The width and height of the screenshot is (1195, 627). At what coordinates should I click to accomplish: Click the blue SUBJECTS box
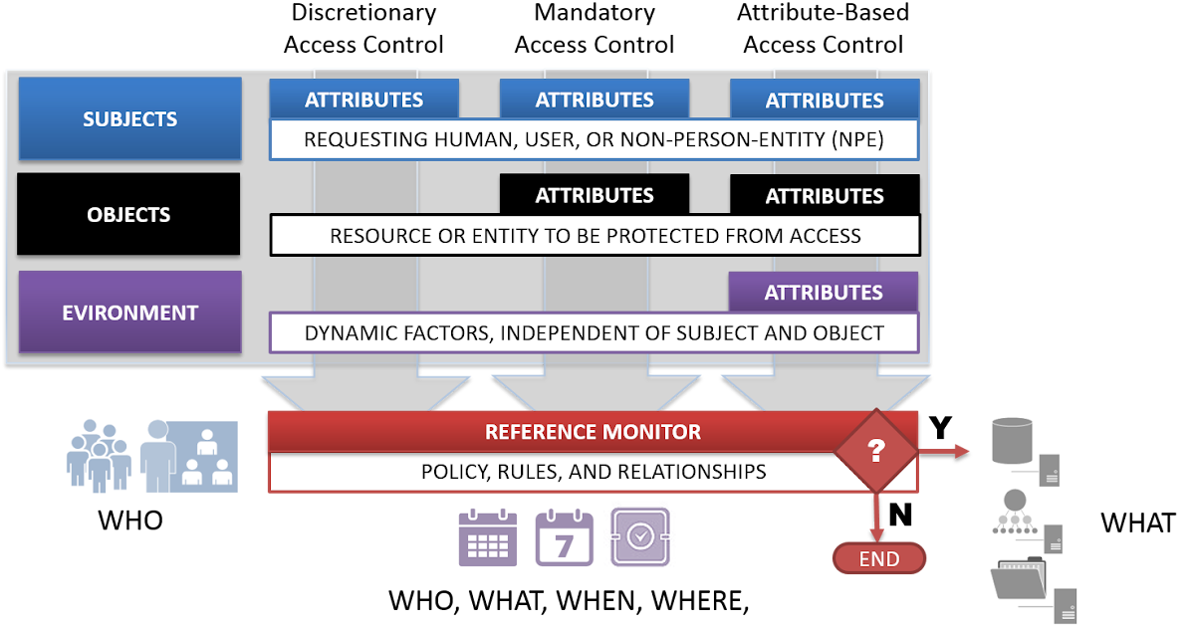129,119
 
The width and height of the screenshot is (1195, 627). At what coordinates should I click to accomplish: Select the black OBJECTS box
128,215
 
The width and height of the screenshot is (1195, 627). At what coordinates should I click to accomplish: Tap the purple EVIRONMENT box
129,313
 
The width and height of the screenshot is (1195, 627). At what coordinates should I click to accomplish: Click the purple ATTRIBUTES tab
823,293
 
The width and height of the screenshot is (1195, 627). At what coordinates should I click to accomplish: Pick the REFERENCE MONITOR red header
592,432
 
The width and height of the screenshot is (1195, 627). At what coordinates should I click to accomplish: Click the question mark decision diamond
875,451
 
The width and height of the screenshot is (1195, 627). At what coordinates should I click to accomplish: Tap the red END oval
878,558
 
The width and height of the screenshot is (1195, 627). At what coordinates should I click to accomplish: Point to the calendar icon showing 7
564,536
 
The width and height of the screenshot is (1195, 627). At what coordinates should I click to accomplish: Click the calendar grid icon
487,536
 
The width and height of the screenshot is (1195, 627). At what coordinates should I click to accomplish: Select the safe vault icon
639,536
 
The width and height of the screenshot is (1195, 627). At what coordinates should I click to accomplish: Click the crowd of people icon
99,456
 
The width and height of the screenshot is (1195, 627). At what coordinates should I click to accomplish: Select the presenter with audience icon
189,456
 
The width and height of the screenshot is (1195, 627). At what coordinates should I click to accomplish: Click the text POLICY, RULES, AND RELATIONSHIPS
593,472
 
